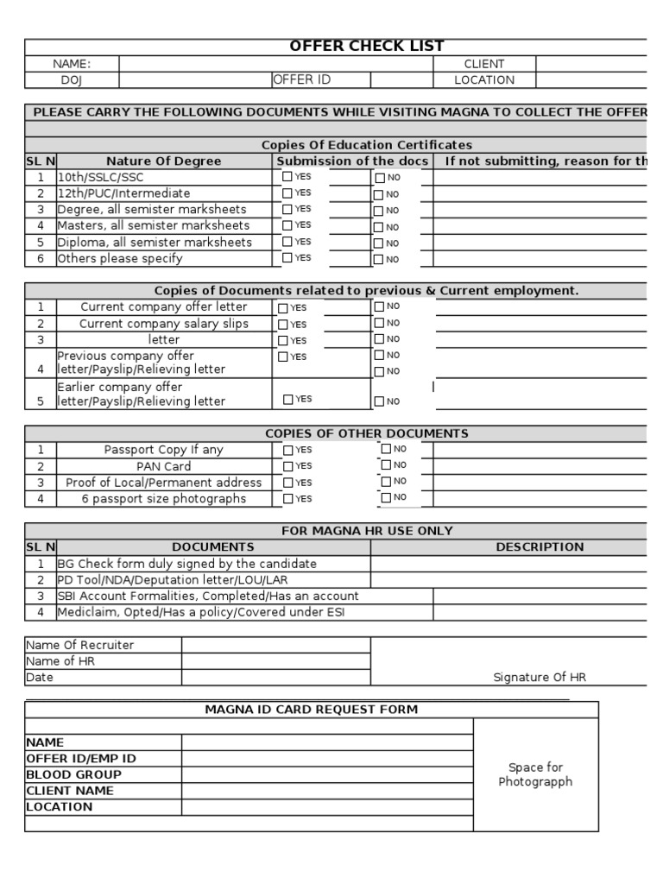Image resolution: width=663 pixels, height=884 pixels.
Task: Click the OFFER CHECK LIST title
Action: coord(367,47)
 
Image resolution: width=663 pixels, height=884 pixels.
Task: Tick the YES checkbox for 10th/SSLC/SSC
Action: coord(287,177)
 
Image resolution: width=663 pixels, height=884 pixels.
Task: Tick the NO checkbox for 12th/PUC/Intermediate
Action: coord(379,194)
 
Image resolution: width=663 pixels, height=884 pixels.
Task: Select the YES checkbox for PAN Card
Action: coord(287,466)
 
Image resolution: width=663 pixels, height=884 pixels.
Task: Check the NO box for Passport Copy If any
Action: coord(386,449)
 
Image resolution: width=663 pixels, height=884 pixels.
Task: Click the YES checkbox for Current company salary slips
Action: coord(283,325)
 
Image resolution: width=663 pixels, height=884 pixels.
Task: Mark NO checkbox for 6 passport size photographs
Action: coord(386,497)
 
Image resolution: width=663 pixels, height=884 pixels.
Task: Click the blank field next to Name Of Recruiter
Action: coord(275,645)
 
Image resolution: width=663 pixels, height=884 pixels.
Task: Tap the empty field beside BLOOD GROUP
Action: coord(327,774)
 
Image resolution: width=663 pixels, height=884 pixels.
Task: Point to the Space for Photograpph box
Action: coord(535,774)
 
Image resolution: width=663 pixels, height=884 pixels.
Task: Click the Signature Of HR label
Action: coord(540,678)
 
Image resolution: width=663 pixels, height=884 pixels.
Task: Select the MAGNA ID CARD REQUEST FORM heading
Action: coord(311,710)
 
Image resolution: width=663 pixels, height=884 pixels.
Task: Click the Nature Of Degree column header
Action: coord(164,161)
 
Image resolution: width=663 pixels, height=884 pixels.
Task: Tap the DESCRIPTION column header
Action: coord(540,547)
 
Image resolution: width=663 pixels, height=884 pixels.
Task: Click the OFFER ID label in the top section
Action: coord(302,80)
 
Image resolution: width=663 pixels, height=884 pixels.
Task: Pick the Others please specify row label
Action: coord(120,258)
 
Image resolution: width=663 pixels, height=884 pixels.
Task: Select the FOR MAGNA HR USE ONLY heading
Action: coord(367,531)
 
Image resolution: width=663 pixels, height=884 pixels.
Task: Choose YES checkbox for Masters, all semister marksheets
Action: coord(287,226)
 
